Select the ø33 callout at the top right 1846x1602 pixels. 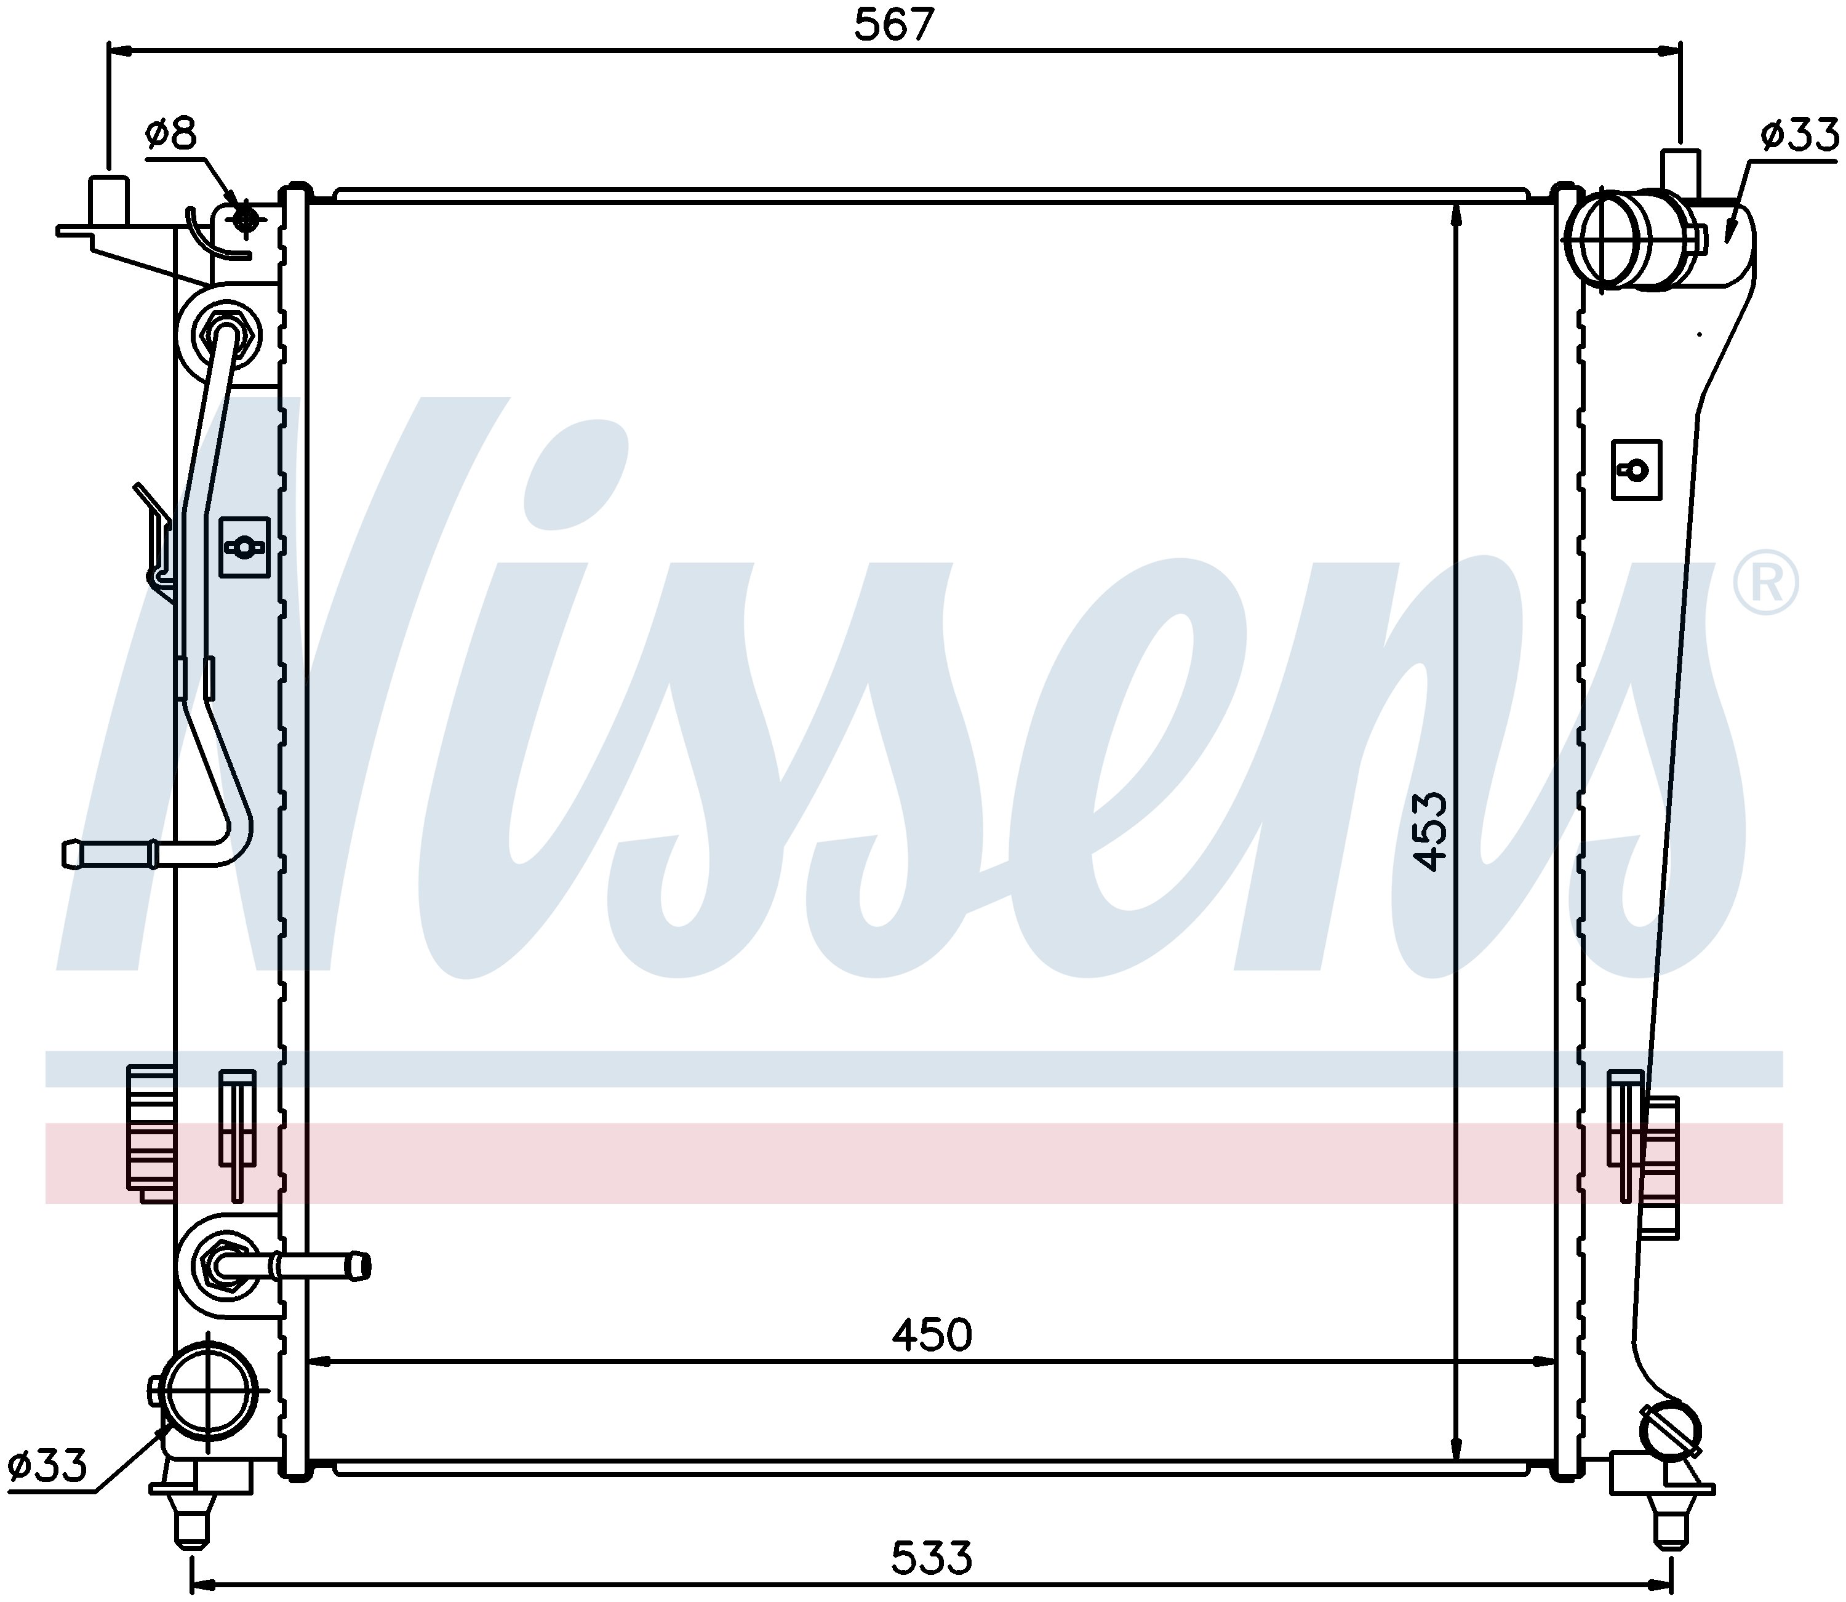(1799, 136)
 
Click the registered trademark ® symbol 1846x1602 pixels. (1765, 583)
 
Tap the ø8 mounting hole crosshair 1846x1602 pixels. (244, 218)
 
